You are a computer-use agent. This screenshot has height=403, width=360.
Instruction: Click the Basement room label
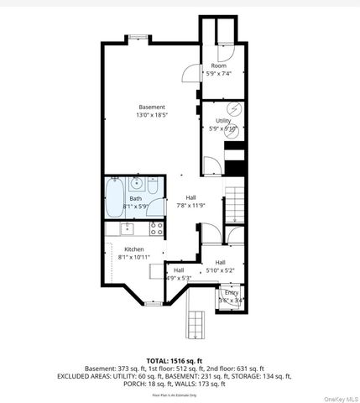pyautogui.click(x=152, y=107)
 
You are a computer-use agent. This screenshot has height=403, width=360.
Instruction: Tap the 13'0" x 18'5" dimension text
pyautogui.click(x=152, y=115)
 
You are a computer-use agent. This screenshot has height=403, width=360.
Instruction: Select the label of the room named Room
pyautogui.click(x=218, y=65)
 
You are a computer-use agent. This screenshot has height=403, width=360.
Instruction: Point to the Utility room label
pyautogui.click(x=223, y=121)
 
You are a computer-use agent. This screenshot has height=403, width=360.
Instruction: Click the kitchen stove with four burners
pyautogui.click(x=156, y=227)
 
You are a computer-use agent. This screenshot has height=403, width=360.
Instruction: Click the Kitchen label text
pyautogui.click(x=134, y=249)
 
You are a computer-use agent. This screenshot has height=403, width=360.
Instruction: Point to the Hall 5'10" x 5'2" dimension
pyautogui.click(x=220, y=270)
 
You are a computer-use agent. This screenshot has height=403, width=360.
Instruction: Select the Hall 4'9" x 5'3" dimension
pyautogui.click(x=179, y=277)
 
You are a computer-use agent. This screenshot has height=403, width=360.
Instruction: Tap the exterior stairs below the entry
pyautogui.click(x=198, y=321)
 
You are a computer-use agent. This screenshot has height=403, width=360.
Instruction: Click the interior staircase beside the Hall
pyautogui.click(x=237, y=201)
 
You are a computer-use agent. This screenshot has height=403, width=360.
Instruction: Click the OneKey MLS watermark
pyautogui.click(x=340, y=397)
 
